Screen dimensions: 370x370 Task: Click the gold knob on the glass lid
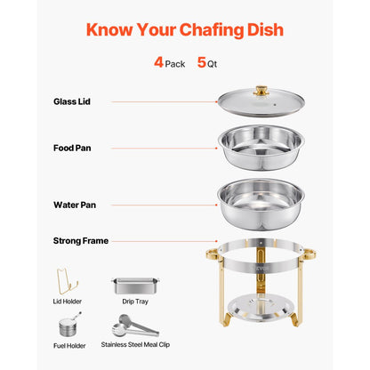click(x=261, y=91)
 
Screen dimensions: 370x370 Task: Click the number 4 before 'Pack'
click(x=158, y=64)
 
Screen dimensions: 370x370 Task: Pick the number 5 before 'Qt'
click(x=202, y=64)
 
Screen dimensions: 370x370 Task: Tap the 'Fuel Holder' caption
click(x=69, y=347)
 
